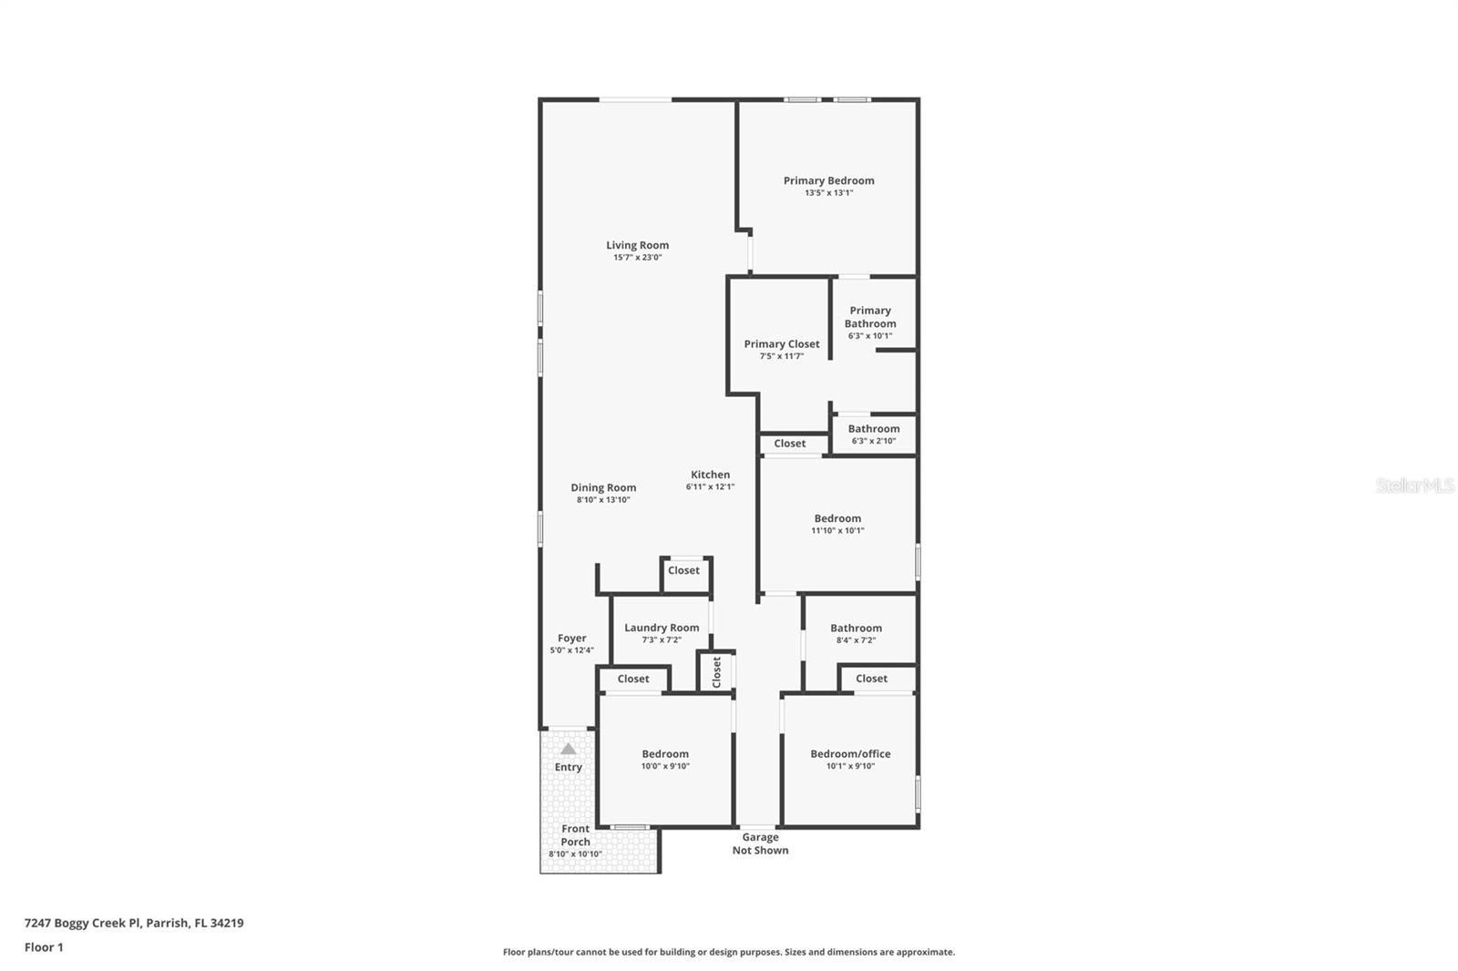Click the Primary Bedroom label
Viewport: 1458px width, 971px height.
[x=828, y=180]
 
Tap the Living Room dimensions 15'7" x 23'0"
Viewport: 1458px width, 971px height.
[x=637, y=258]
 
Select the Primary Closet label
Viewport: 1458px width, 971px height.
[x=781, y=343]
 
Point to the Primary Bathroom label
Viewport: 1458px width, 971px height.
[x=869, y=317]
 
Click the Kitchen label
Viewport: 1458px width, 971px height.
[x=710, y=475]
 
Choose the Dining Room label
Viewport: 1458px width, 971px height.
[x=603, y=487]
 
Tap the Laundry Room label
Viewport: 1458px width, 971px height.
[x=662, y=628]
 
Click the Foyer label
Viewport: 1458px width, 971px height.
[x=571, y=639]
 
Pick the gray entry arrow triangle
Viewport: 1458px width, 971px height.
[x=568, y=749]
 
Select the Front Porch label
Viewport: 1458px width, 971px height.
[x=575, y=835]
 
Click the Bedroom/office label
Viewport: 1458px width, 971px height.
[x=850, y=753]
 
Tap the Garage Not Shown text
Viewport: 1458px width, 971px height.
[x=760, y=843]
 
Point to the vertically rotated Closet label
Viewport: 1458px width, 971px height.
[x=716, y=672]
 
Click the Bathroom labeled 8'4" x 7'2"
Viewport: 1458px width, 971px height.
[x=856, y=628]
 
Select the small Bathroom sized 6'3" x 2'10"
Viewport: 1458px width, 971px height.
[x=873, y=429]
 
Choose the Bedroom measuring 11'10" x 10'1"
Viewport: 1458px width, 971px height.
[x=837, y=518]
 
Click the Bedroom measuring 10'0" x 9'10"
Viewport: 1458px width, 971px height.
[x=665, y=753]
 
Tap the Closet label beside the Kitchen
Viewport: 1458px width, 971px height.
[x=789, y=444]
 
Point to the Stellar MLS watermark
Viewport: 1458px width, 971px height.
[x=1414, y=485]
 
